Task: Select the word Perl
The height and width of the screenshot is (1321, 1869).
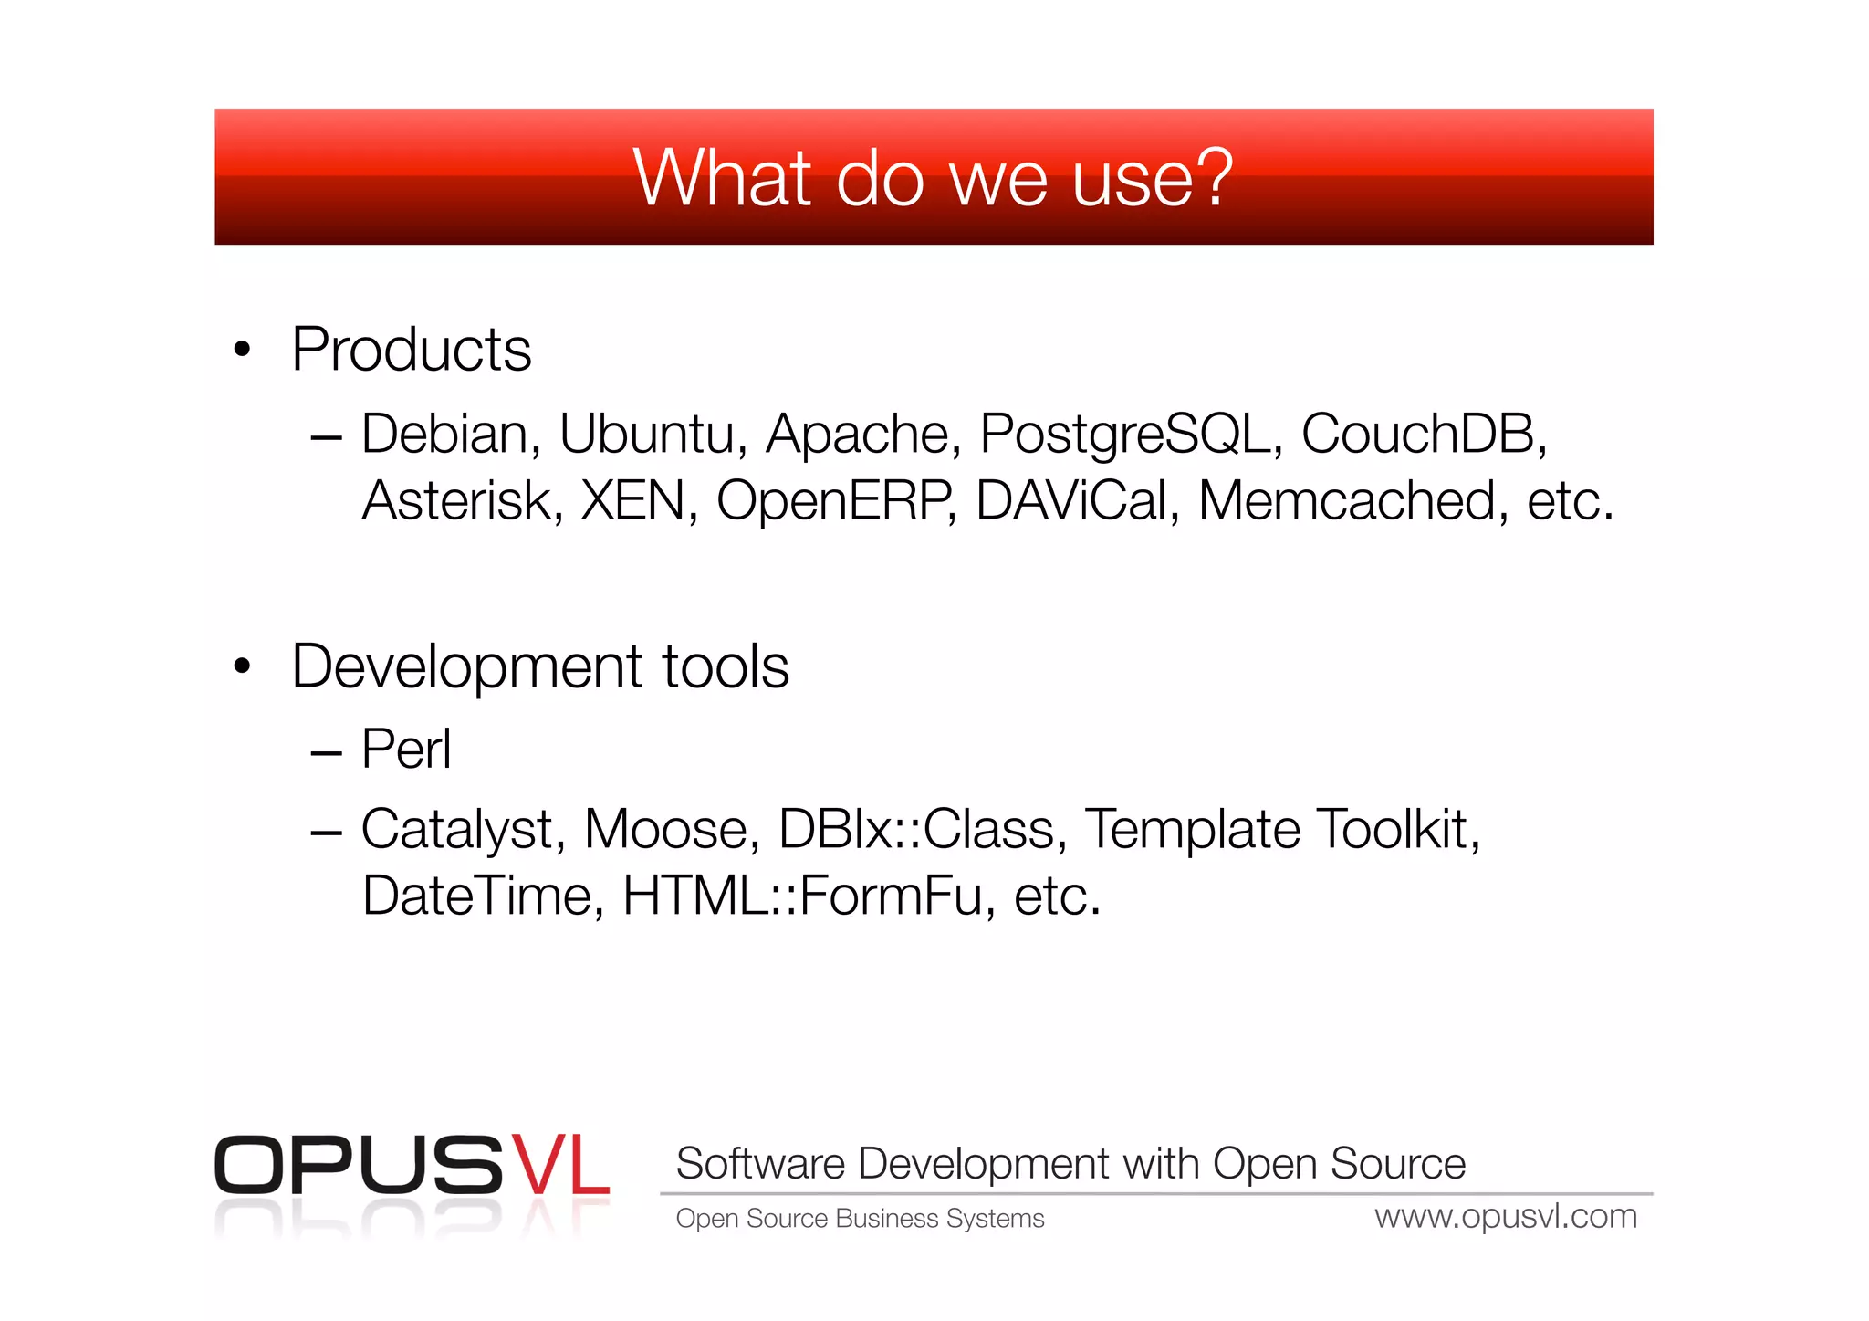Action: pyautogui.click(x=406, y=750)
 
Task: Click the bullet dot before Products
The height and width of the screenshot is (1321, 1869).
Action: pyautogui.click(x=242, y=349)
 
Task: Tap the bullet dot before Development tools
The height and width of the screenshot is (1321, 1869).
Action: pyautogui.click(x=242, y=666)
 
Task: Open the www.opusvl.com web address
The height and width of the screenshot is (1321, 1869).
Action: pyautogui.click(x=1506, y=1217)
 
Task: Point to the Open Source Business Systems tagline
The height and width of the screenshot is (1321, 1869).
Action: pyautogui.click(x=860, y=1219)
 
